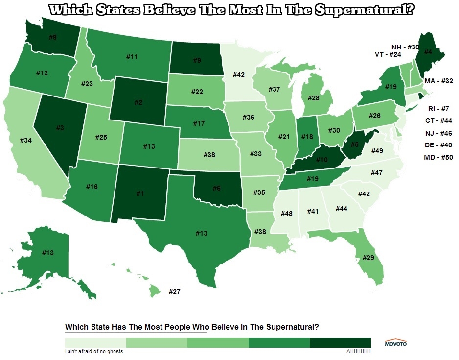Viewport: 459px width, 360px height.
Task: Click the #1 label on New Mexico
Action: [140, 193]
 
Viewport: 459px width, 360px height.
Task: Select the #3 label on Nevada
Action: [59, 128]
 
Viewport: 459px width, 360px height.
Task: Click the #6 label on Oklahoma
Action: [217, 188]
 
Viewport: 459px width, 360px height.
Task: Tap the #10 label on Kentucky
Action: [321, 160]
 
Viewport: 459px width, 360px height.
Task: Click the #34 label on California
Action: [27, 141]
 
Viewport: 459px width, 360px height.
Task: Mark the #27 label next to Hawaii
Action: [175, 292]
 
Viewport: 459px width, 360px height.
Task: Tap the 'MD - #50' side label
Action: [438, 157]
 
